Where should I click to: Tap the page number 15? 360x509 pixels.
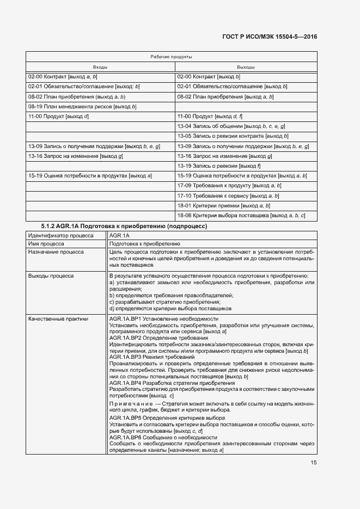[x=313, y=463]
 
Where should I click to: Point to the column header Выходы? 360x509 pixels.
[x=246, y=67]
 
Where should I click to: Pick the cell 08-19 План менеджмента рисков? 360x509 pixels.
[x=82, y=106]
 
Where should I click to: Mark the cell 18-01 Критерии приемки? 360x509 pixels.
[x=224, y=205]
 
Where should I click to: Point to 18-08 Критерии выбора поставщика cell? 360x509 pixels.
[x=241, y=216]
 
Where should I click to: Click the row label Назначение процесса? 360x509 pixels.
[x=56, y=253]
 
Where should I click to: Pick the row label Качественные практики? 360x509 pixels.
[x=58, y=318]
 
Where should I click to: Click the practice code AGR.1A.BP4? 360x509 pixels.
[x=126, y=383]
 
